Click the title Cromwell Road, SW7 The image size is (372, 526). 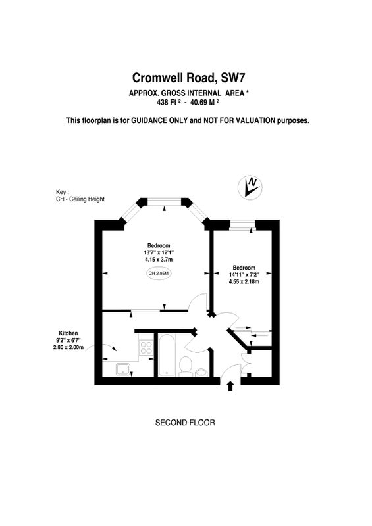(x=188, y=78)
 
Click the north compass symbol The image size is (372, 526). (x=250, y=187)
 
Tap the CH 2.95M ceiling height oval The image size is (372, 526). (x=158, y=274)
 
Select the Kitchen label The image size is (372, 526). (x=68, y=333)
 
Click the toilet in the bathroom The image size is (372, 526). (x=185, y=366)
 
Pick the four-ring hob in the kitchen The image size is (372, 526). (x=146, y=347)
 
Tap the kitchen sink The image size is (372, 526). (x=123, y=369)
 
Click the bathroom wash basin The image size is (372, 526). (x=201, y=372)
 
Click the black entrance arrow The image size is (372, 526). (x=230, y=386)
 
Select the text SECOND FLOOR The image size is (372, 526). (x=185, y=423)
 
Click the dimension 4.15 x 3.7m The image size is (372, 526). (x=159, y=260)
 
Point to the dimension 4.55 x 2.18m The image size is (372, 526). (x=244, y=282)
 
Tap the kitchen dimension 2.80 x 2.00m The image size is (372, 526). (x=68, y=347)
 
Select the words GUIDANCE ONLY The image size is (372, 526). (x=159, y=120)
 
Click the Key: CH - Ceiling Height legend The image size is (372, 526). (x=80, y=195)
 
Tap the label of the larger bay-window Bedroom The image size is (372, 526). (x=159, y=245)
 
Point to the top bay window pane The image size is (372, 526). (x=165, y=202)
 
